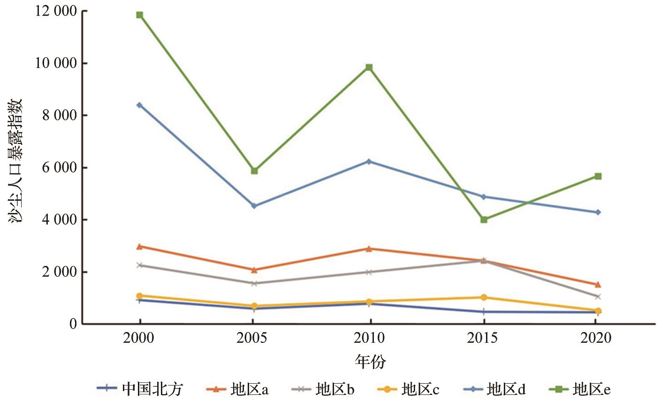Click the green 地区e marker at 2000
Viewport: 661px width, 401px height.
tap(139, 15)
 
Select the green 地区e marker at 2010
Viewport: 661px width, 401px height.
tap(369, 68)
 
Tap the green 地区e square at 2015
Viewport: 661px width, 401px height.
tap(484, 219)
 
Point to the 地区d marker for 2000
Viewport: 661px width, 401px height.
tap(139, 105)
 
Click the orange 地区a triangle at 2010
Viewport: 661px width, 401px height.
tap(369, 249)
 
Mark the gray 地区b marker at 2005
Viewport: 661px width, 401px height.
tap(254, 283)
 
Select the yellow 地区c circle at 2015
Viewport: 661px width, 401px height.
tap(484, 297)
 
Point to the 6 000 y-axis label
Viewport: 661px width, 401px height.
tap(58, 167)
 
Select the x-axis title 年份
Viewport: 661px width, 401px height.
tap(370, 362)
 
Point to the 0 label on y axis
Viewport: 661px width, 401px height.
tap(73, 324)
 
